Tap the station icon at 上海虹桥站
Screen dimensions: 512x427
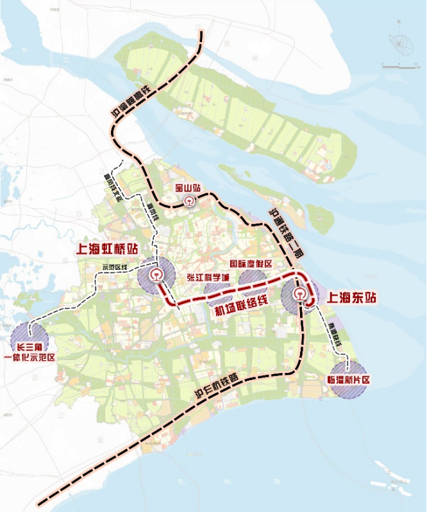coord(156,276)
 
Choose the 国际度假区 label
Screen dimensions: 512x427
coord(252,264)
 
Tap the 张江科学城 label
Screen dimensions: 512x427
coord(206,277)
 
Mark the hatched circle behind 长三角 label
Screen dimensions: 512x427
coord(29,336)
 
